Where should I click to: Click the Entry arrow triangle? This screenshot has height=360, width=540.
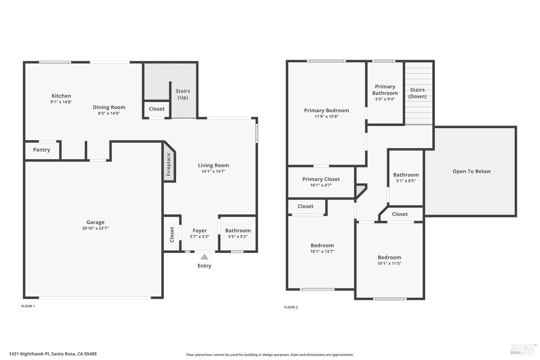tap(204, 257)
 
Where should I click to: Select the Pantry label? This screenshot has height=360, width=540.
tap(41, 150)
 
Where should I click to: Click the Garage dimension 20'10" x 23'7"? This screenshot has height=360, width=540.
tap(95, 228)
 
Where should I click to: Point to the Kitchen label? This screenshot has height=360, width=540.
tap(61, 96)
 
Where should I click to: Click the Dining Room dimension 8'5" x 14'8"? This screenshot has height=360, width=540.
tap(109, 113)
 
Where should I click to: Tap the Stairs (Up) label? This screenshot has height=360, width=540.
tap(183, 94)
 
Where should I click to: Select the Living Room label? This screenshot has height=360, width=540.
tap(213, 165)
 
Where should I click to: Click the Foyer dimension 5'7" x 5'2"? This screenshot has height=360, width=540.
tap(199, 237)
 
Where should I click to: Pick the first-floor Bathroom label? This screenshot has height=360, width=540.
tap(238, 230)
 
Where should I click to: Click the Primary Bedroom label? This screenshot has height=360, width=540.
tap(327, 111)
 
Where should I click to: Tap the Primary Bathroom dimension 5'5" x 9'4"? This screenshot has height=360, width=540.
tap(385, 99)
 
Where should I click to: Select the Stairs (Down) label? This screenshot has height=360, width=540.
tap(418, 93)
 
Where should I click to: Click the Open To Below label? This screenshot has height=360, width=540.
tap(472, 171)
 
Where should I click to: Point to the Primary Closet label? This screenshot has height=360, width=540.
tap(321, 179)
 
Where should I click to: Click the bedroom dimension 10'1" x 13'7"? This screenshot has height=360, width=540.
tap(322, 251)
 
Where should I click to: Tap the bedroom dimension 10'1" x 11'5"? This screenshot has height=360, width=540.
tap(389, 263)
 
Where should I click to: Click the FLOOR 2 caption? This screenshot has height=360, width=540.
tap(291, 307)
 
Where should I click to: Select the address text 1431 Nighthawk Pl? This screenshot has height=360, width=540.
tap(29, 354)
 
